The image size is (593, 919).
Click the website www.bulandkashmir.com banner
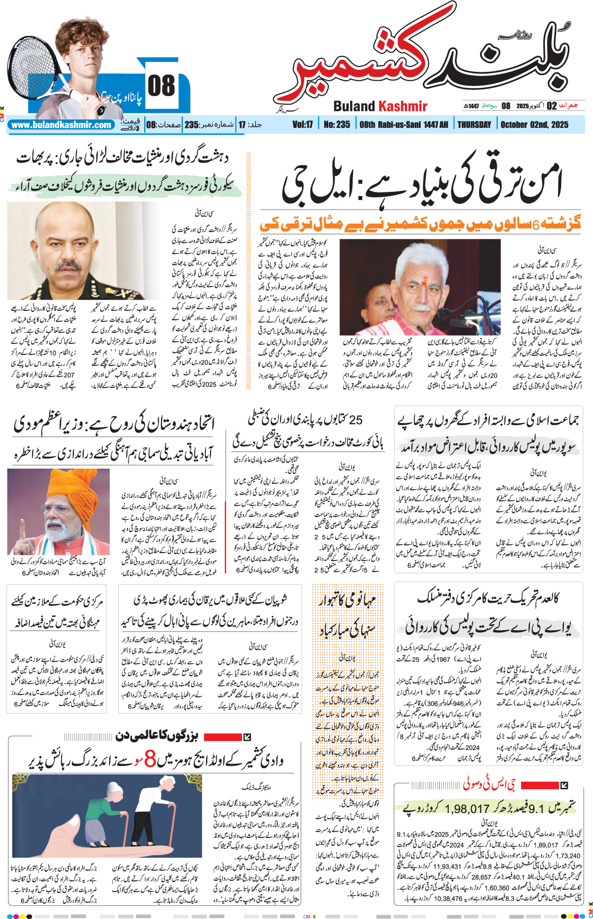61,125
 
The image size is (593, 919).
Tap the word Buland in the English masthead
354,106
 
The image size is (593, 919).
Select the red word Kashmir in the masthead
403,106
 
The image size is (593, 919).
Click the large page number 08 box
161,86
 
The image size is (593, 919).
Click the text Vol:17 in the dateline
303,125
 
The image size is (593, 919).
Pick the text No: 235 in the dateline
337,125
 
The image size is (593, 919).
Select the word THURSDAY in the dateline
474,125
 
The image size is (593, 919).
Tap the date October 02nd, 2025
534,125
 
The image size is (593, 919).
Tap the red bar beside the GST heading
539,785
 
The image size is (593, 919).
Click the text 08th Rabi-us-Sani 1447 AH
403,125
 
